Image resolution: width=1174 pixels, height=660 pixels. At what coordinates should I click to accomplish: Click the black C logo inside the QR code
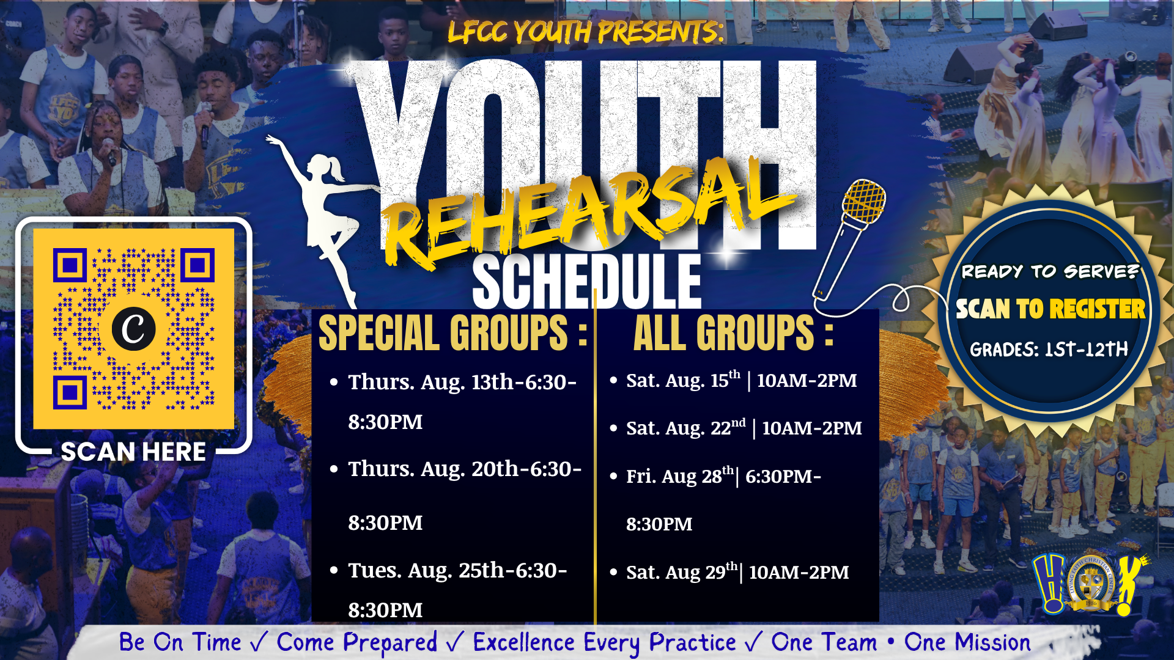[x=133, y=329]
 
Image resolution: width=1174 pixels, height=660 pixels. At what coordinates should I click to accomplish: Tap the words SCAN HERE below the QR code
[x=133, y=452]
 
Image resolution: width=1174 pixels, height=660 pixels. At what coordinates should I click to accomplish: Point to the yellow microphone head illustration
[x=863, y=202]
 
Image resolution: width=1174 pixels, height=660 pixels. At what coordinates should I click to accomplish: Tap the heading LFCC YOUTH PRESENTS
[x=586, y=32]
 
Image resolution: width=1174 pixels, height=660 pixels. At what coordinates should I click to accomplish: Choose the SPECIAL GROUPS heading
[x=453, y=334]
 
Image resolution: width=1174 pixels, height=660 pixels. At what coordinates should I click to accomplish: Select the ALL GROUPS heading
[x=733, y=334]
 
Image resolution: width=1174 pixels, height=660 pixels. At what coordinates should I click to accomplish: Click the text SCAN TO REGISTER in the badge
[x=1050, y=309]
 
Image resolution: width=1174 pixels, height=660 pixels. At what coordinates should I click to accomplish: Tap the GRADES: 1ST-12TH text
[x=1049, y=349]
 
